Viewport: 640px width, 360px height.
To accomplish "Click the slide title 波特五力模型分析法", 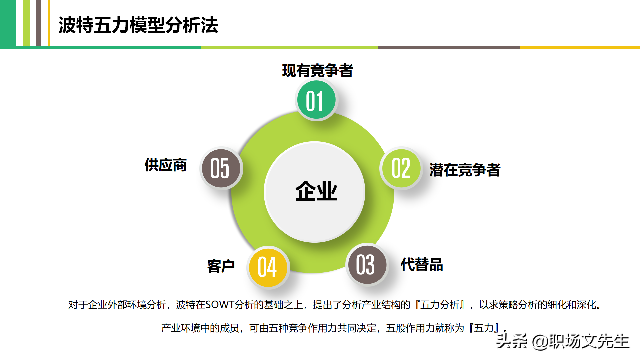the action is coord(138,25).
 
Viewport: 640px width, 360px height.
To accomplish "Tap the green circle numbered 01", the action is coord(316,100).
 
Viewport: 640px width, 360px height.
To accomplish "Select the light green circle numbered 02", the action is coord(401,168).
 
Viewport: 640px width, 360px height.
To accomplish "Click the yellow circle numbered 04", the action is coord(268,267).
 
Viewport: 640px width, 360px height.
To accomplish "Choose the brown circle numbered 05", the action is coord(221,168).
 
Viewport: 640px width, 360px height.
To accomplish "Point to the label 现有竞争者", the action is coord(317,71).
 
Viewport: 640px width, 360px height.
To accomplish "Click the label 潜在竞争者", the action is coord(465,170).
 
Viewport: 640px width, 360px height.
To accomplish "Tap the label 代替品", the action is coord(422,265).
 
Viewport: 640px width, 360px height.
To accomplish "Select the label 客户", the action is coord(221,266).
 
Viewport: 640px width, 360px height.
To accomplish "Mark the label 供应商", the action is coord(166,165).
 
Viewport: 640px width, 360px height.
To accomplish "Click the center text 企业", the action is coord(316,191).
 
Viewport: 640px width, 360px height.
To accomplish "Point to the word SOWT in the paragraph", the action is coord(220,305).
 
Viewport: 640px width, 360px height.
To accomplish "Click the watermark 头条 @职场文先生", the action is coord(563,341).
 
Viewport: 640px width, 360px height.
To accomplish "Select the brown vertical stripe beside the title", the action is coord(39,23).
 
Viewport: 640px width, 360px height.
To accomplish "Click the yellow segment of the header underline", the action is coord(580,48).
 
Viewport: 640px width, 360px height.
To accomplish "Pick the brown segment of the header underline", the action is coord(449,48).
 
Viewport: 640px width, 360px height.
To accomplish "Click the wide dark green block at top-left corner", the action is coord(8,23).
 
